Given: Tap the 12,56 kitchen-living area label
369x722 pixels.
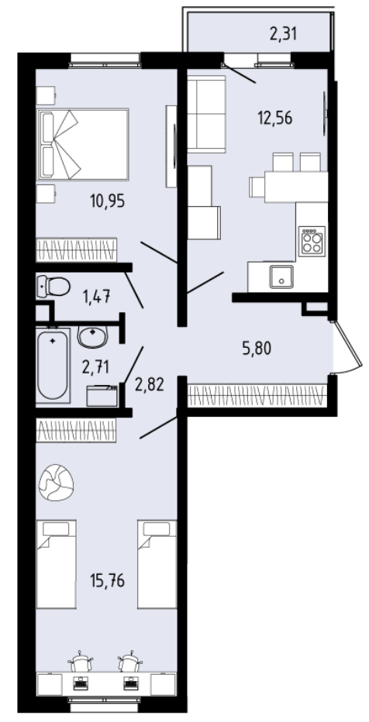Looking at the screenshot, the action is click(x=275, y=119).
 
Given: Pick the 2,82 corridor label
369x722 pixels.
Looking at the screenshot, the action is click(x=150, y=384).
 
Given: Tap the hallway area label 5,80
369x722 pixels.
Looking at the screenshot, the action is click(x=257, y=348).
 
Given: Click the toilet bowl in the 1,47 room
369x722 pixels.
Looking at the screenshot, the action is click(x=53, y=287).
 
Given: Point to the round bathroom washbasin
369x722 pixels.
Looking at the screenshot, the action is click(x=93, y=335).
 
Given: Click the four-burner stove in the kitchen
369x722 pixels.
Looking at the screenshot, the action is click(x=312, y=241).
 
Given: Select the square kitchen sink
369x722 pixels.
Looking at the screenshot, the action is click(x=281, y=276).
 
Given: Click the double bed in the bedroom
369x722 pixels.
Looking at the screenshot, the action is click(x=83, y=145).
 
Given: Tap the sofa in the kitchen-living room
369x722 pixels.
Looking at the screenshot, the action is click(x=206, y=114).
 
